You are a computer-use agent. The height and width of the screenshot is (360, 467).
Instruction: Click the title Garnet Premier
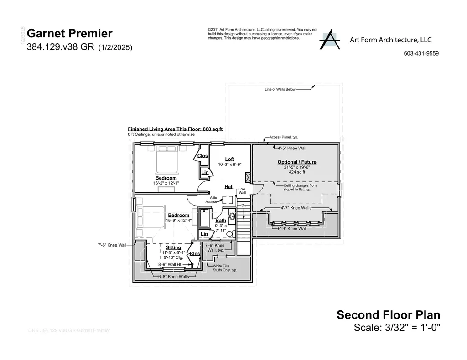[70, 34]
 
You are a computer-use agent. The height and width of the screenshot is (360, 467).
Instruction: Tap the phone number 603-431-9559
[421, 53]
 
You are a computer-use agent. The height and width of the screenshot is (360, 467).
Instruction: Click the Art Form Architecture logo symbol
[330, 41]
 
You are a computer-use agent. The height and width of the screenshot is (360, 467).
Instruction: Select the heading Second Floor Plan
[388, 314]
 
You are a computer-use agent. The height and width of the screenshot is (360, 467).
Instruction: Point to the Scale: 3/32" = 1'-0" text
[397, 327]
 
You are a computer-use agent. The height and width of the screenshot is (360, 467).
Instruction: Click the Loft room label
[229, 159]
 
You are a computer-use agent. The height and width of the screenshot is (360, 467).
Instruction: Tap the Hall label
[229, 187]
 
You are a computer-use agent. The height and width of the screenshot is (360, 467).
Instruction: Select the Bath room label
[221, 220]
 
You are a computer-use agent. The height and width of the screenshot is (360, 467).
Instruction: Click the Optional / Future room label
[296, 162]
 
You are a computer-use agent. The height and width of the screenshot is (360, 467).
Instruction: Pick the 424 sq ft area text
[296, 173]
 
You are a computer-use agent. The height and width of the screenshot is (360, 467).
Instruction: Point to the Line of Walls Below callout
[280, 90]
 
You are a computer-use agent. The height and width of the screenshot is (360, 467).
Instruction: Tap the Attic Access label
[211, 200]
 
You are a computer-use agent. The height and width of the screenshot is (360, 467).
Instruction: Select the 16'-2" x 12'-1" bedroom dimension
[166, 183]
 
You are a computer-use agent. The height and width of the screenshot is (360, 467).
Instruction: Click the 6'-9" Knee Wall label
[292, 228]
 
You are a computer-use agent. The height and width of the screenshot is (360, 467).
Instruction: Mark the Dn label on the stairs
[244, 206]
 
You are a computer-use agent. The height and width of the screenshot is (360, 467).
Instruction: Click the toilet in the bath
[232, 216]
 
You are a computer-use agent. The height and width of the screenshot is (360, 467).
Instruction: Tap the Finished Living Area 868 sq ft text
[175, 129]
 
